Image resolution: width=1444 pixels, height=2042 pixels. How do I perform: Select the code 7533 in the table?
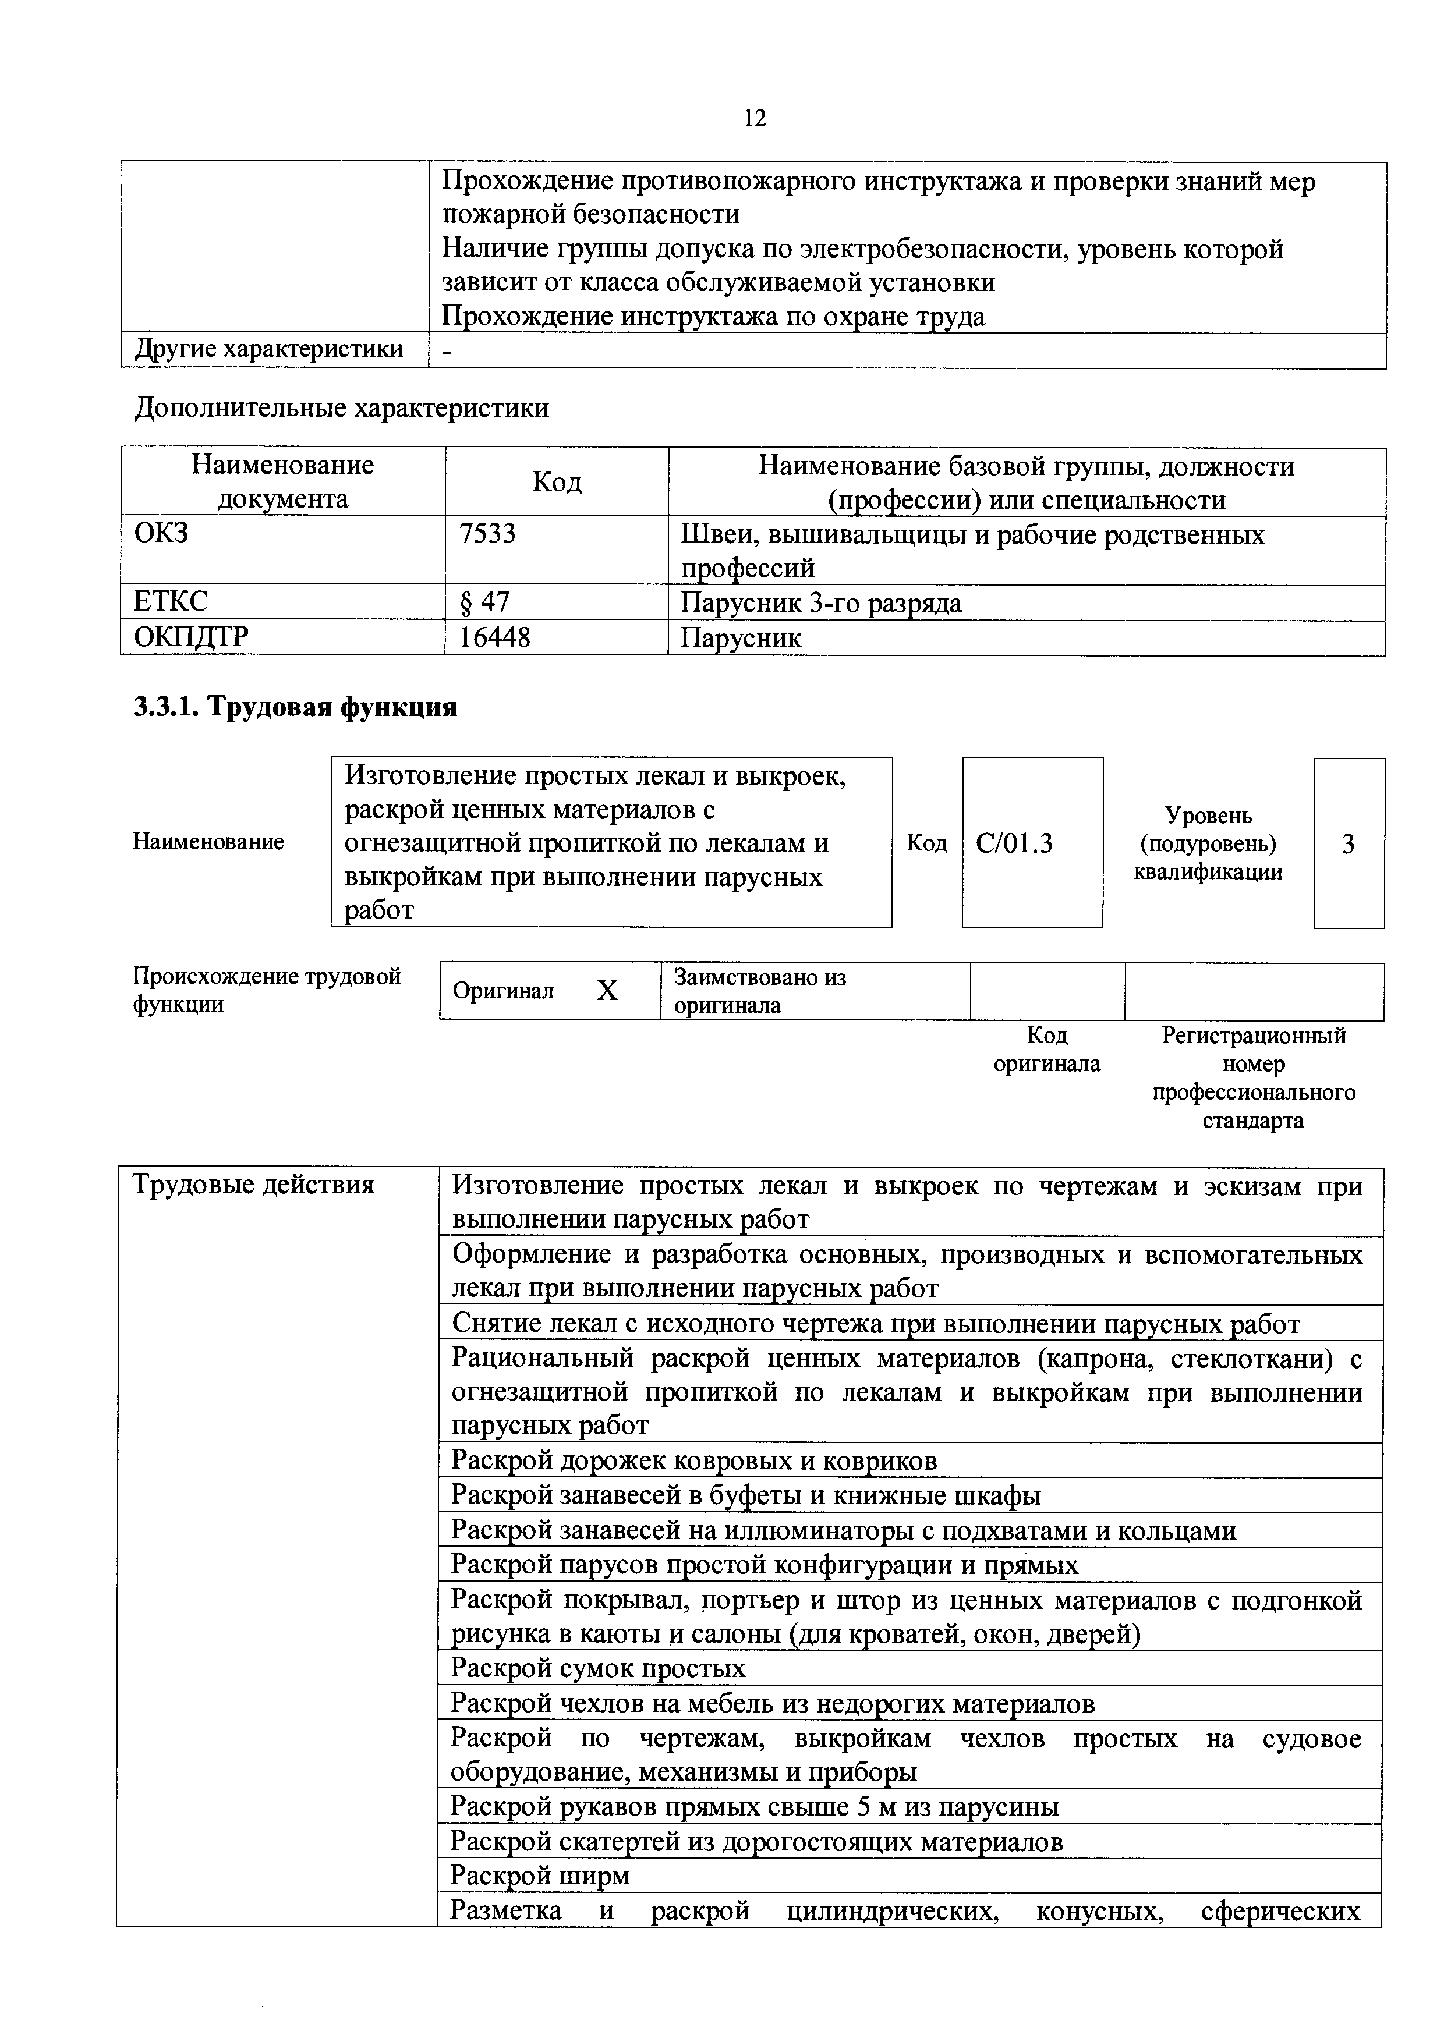coord(487,534)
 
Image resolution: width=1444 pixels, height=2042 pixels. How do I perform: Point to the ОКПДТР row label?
coord(192,637)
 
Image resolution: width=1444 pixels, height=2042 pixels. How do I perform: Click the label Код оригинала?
coord(1046,1050)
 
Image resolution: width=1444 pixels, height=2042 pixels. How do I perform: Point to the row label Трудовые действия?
coord(253,1185)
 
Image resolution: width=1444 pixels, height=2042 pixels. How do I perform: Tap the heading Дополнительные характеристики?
coord(342,407)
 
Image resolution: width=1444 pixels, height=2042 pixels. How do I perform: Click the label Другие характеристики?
coord(268,349)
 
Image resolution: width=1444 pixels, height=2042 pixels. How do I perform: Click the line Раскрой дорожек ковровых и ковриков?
coord(694,1460)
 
